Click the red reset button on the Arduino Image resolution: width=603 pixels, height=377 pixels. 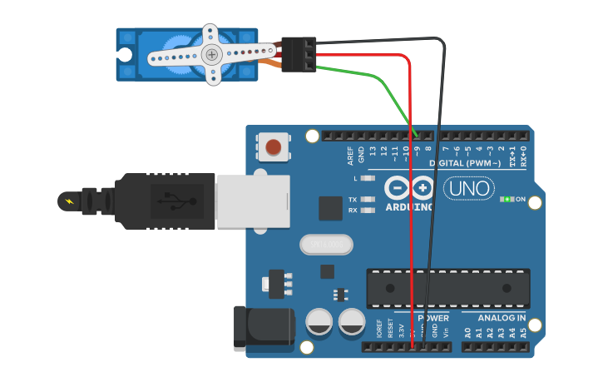point(273,148)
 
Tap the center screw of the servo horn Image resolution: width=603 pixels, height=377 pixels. point(212,55)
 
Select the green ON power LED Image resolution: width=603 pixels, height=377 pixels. point(507,199)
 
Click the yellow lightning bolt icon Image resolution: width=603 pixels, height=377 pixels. point(68,201)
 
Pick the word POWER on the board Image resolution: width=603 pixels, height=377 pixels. point(432,318)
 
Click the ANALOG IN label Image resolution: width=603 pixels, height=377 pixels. point(500,318)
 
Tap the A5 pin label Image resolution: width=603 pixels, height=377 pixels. point(523,332)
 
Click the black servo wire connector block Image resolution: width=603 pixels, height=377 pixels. point(298,54)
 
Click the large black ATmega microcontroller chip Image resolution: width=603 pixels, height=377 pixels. point(448,288)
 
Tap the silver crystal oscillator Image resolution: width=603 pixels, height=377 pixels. point(326,244)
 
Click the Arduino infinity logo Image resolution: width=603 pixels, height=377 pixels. point(409,188)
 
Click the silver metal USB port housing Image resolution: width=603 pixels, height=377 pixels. point(253,201)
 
